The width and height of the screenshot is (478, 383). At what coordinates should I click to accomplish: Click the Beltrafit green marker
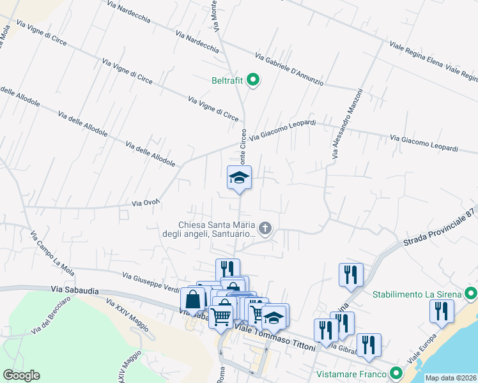click(253, 80)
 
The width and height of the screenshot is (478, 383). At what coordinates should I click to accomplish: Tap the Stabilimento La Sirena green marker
click(471, 294)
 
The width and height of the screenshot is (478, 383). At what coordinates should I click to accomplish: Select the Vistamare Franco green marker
click(396, 373)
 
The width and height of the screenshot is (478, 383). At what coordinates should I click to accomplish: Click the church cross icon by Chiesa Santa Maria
click(265, 228)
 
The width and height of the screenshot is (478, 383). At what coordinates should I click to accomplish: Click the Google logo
click(21, 375)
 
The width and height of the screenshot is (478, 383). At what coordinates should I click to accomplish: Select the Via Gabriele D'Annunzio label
click(289, 69)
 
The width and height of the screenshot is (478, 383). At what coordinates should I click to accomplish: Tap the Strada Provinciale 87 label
click(441, 228)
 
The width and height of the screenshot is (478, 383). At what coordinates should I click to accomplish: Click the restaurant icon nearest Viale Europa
click(442, 312)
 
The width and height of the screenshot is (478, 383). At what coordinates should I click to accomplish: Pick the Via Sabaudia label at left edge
click(75, 290)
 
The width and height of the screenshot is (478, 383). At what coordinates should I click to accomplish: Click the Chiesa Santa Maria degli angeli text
click(216, 229)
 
